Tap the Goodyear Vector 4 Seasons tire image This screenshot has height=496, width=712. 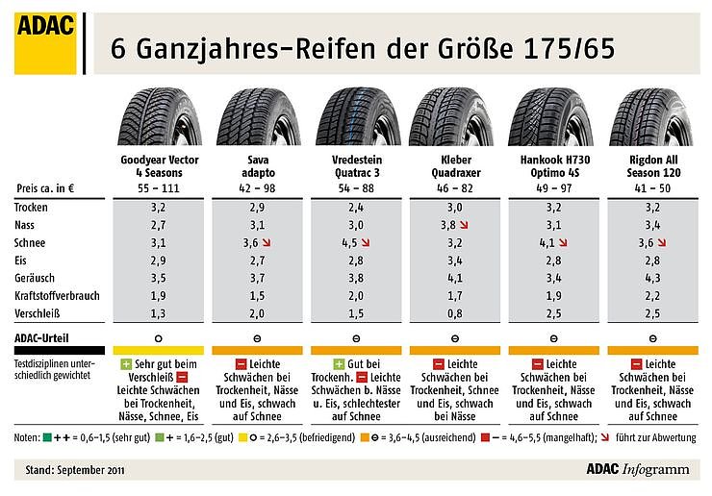tap(159, 116)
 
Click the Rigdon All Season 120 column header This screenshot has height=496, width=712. tap(648, 164)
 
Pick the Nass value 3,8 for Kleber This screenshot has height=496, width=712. tap(447, 225)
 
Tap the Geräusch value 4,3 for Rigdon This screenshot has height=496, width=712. tap(648, 279)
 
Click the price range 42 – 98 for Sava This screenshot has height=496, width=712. tap(257, 187)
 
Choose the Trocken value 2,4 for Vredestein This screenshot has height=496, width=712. tap(354, 207)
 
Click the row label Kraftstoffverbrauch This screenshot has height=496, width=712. tap(55, 296)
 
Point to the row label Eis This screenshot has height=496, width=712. tap(21, 260)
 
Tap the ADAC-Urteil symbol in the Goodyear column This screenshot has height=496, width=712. tap(159, 338)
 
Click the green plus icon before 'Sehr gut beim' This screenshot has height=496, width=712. tap(125, 364)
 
